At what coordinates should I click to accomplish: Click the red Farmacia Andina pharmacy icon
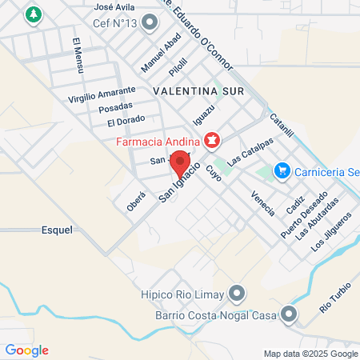tap(211, 142)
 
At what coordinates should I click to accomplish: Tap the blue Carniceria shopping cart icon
tap(281, 170)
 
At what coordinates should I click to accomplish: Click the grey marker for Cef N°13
tap(148, 24)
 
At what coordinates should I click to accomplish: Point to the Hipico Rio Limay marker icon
tap(236, 294)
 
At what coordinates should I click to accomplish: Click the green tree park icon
tap(33, 14)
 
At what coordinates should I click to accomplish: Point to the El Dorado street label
tap(126, 122)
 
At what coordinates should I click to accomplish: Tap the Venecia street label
tap(262, 203)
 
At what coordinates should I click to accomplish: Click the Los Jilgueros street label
tap(332, 231)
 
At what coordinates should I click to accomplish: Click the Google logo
tap(26, 350)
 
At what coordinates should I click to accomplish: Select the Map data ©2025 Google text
tap(311, 354)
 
